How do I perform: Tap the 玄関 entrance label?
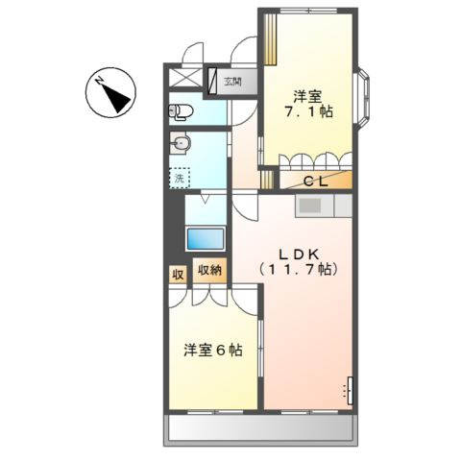coord(232,83)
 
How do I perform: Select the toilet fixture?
coord(182,111)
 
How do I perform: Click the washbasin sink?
coord(181,145)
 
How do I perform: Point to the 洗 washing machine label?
coord(178,177)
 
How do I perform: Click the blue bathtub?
coord(205,237)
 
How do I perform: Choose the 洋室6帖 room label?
coord(212,351)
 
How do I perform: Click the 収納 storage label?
coord(210,271)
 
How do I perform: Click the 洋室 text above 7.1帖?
coord(306,96)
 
